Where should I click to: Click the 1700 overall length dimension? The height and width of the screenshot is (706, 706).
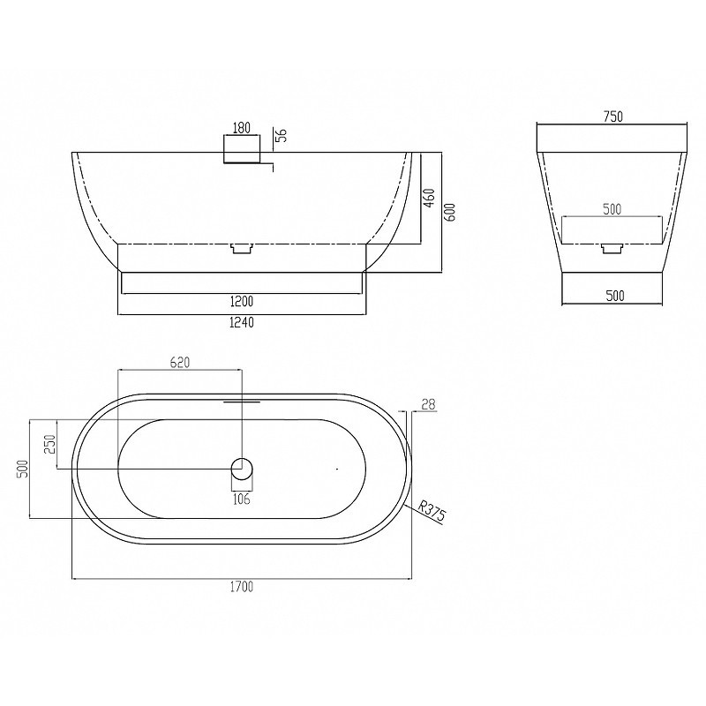[242, 587]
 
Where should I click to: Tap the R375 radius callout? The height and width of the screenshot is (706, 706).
[432, 511]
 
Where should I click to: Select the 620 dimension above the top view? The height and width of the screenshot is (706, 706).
[180, 362]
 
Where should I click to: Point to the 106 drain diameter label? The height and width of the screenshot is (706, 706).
[242, 499]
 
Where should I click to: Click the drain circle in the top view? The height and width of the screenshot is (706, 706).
[242, 469]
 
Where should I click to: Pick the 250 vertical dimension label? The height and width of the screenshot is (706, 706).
[50, 445]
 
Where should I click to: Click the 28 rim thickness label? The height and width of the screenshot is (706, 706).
[428, 404]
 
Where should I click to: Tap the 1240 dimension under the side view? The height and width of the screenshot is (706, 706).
[242, 322]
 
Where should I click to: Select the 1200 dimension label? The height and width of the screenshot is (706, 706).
[242, 301]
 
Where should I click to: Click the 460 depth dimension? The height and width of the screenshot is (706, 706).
[430, 198]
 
